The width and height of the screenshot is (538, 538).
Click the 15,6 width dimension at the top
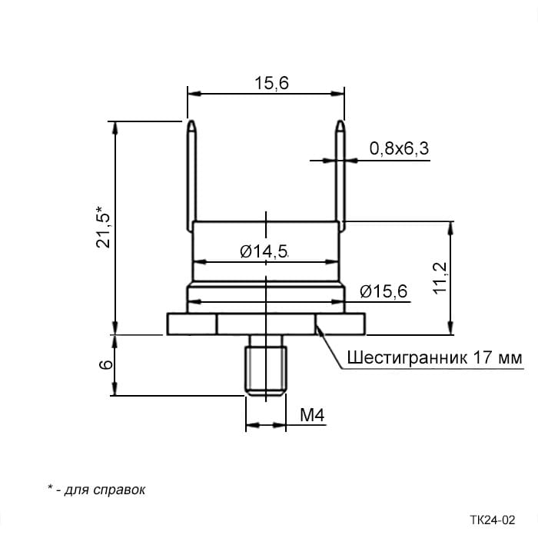[x=271, y=83]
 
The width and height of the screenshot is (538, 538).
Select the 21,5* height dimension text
[x=103, y=227]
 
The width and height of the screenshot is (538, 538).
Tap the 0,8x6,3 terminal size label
[x=399, y=149]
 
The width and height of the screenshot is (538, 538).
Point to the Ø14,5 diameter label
[x=264, y=251]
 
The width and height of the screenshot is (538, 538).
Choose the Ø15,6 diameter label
[x=384, y=291]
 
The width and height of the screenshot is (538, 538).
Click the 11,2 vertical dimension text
[x=440, y=278]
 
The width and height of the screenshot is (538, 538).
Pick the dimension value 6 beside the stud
[x=106, y=364]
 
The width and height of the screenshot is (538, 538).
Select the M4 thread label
[x=312, y=415]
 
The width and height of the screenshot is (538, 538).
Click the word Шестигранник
[x=407, y=358]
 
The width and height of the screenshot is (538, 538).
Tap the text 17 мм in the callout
[x=497, y=358]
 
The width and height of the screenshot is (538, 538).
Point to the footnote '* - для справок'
[x=96, y=490]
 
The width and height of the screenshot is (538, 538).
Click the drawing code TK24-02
[x=493, y=520]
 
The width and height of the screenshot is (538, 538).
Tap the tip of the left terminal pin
[x=192, y=121]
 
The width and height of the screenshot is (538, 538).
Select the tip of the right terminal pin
[x=340, y=121]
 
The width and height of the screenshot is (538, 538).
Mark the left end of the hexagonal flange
[x=167, y=324]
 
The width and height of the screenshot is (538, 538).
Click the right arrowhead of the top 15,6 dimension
[x=337, y=93]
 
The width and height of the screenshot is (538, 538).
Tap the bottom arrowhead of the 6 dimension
[x=115, y=389]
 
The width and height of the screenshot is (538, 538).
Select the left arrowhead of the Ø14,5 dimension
[x=199, y=262]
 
